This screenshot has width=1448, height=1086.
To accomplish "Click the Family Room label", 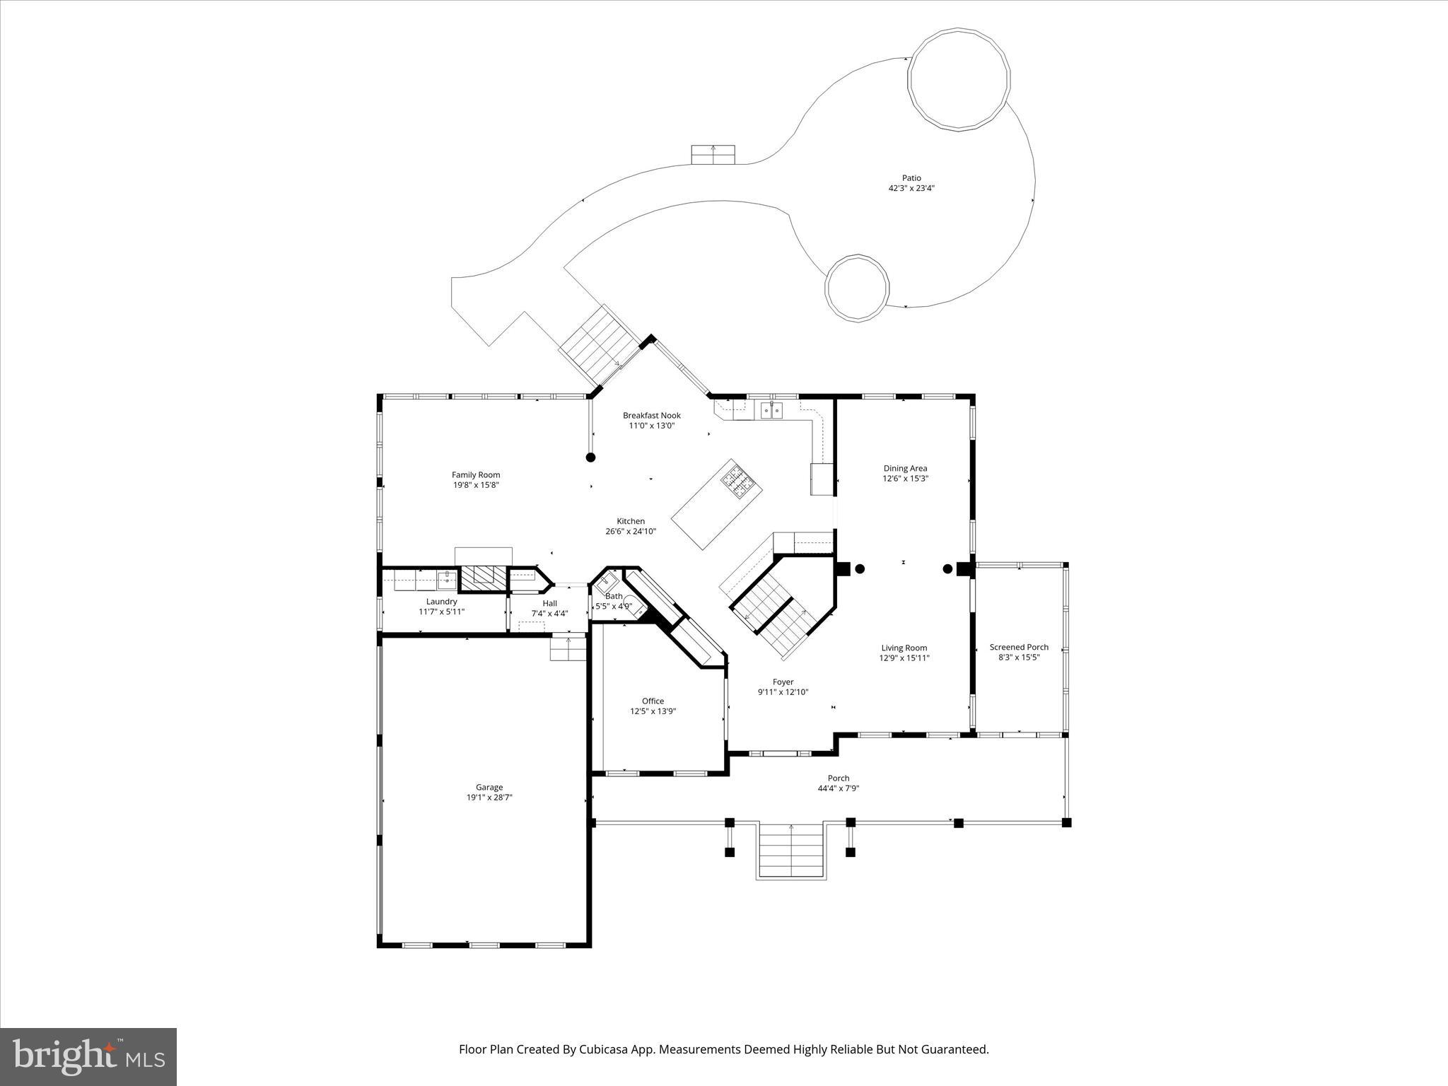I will [x=476, y=475].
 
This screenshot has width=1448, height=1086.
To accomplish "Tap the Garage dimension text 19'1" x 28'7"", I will [x=489, y=798].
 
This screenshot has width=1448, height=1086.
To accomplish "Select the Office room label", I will [x=653, y=701].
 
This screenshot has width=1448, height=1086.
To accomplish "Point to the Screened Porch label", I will [x=1019, y=647].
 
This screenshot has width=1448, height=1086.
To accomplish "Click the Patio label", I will [x=911, y=178].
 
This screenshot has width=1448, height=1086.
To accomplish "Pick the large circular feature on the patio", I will [x=959, y=78].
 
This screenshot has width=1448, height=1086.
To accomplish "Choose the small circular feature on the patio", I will [x=857, y=288].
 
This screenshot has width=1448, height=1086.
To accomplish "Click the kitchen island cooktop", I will [x=740, y=480].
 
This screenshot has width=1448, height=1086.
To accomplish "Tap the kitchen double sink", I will [x=771, y=410].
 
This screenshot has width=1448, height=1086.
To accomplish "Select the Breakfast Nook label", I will [x=651, y=415].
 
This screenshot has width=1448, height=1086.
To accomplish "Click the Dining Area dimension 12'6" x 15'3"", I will [x=905, y=479].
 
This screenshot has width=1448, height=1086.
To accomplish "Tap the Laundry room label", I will [x=441, y=602].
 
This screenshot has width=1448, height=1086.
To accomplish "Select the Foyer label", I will [x=783, y=682].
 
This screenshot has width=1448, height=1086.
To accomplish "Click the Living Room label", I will [x=904, y=648].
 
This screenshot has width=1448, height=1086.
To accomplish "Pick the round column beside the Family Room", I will [x=591, y=457].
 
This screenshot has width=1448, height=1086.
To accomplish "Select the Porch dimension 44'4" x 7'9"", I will [x=839, y=788].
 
